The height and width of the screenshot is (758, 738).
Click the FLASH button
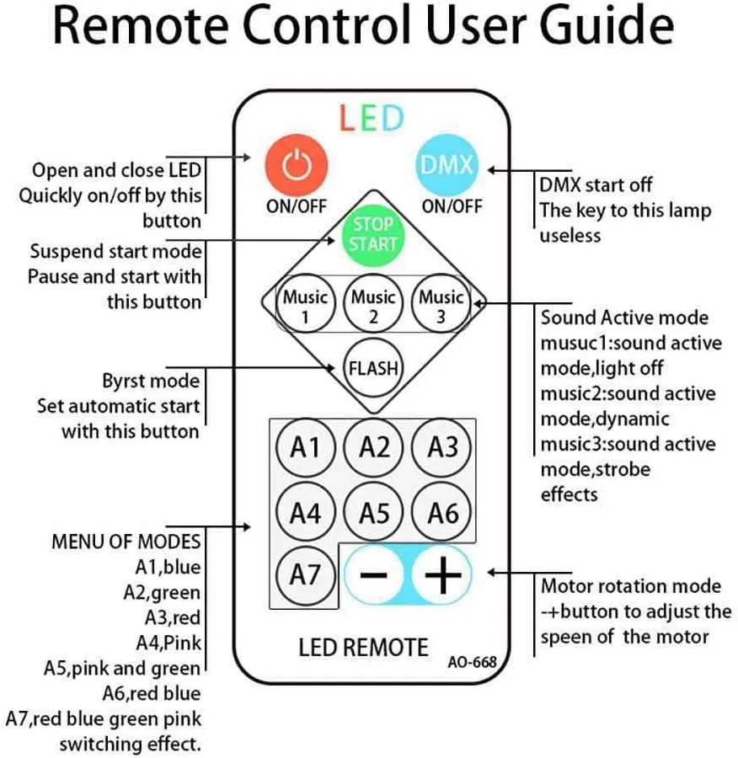tap(373, 368)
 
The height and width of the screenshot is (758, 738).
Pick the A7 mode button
tap(305, 575)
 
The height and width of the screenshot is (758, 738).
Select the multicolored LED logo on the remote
tap(372, 119)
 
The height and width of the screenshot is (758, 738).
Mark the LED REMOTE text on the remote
tap(363, 647)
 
